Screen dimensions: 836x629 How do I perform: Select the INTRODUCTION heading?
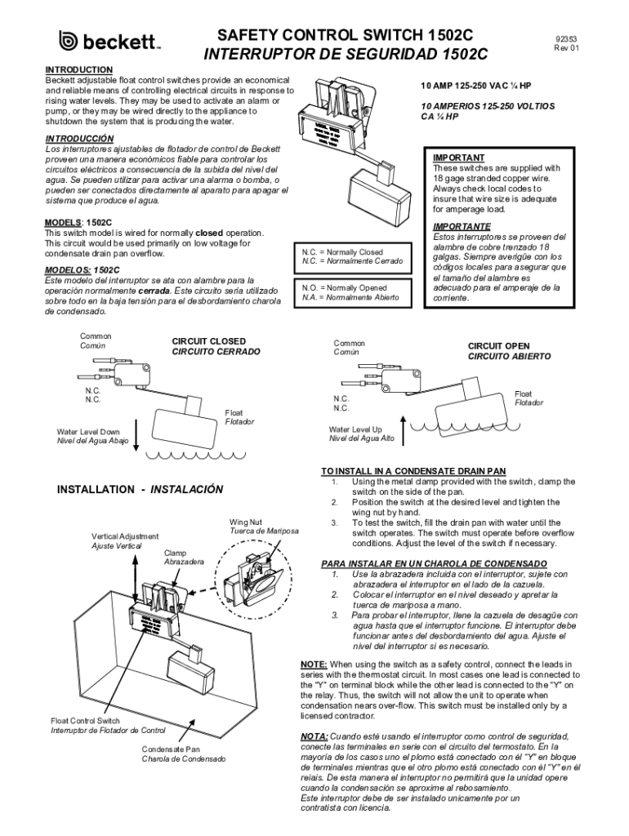78,70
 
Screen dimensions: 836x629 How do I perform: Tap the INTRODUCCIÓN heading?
79,139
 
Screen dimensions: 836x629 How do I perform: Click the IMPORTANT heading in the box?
458,158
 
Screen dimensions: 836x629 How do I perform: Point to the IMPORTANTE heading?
462,226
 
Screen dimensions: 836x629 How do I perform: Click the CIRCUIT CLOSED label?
208,340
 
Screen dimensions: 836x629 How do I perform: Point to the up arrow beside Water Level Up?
400,433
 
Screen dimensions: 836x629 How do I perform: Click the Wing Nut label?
245,521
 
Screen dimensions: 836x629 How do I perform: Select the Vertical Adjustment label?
125,536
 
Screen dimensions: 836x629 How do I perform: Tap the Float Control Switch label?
86,721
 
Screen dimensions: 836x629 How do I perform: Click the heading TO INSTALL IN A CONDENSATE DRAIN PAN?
413,471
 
